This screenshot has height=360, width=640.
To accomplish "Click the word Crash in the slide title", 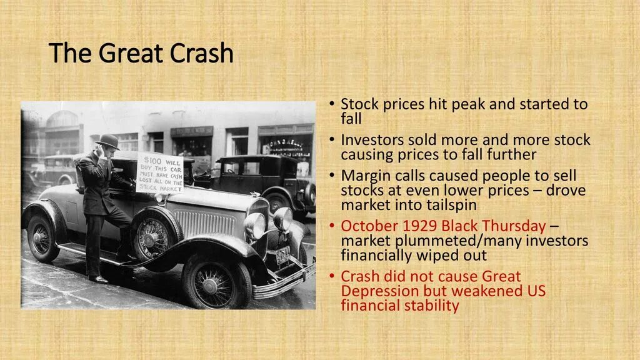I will pos(201,54).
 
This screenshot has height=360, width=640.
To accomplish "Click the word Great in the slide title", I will pos(131,54).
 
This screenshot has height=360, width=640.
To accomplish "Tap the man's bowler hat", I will pos(107,141).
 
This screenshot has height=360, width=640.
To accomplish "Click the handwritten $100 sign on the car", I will pos(160,172).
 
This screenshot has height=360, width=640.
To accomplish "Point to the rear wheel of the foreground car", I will pos(42,238).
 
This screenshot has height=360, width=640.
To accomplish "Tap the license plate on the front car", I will pos(283,254).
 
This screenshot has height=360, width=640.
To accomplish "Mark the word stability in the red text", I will pos(432,306).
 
